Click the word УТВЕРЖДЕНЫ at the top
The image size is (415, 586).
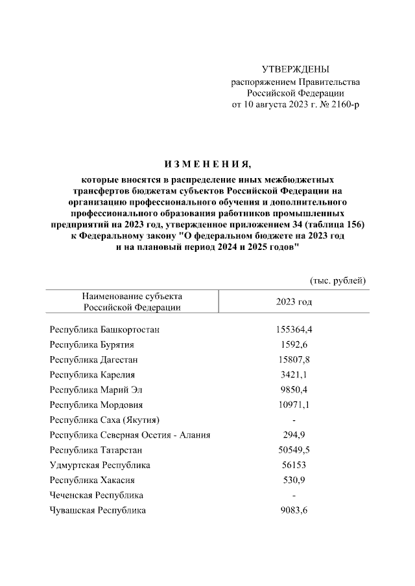[x=295, y=69]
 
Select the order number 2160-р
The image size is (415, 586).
[x=341, y=104]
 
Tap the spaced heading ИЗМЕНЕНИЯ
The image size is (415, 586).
[x=207, y=162]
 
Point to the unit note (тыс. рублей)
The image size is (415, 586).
[x=338, y=280]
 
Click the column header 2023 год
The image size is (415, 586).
[x=294, y=302]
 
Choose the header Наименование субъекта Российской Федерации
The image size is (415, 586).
[x=132, y=301]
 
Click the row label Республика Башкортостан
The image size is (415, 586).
[x=104, y=330]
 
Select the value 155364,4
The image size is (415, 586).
[x=294, y=330]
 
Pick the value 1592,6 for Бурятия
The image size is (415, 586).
[x=294, y=344]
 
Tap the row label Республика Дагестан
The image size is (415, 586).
[x=94, y=359]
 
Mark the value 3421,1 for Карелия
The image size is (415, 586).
[x=294, y=374]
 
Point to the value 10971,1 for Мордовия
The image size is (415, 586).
[x=294, y=405]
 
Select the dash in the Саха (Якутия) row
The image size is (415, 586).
[x=294, y=420]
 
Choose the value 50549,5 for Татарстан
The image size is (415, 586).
[x=294, y=450]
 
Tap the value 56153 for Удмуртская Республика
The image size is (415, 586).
[x=294, y=465]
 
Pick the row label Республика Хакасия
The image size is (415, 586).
[x=92, y=480]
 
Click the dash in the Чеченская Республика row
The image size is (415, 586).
[x=294, y=495]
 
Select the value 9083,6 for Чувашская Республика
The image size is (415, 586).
[x=294, y=510]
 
